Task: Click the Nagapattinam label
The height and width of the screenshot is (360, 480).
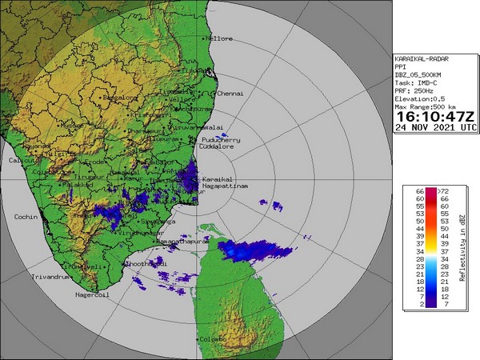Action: pyautogui.click(x=226, y=186)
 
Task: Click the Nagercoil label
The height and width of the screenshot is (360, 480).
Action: pyautogui.click(x=90, y=295)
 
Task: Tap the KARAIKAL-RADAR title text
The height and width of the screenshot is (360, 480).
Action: pyautogui.click(x=426, y=59)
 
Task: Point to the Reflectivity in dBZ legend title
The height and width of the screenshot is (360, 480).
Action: pyautogui.click(x=464, y=248)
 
